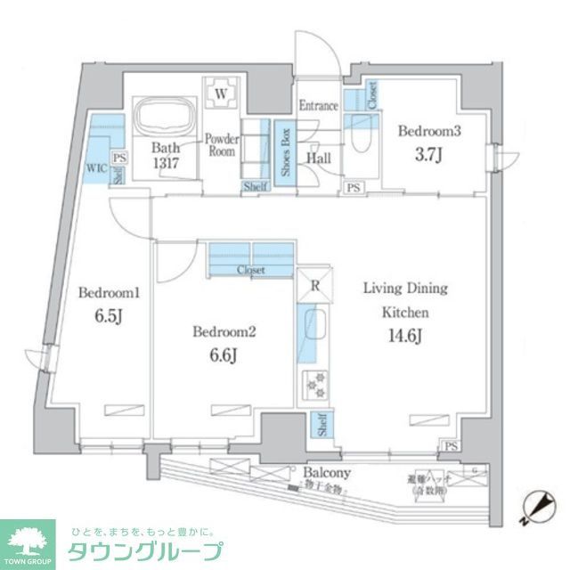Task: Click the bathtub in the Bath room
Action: click(164, 114)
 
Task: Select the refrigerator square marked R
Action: click(314, 285)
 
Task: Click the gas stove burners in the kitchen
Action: click(314, 386)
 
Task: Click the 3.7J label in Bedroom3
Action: click(429, 153)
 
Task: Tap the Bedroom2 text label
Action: click(224, 333)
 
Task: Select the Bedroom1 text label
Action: click(103, 293)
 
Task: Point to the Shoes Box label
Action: click(285, 153)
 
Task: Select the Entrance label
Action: click(318, 106)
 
